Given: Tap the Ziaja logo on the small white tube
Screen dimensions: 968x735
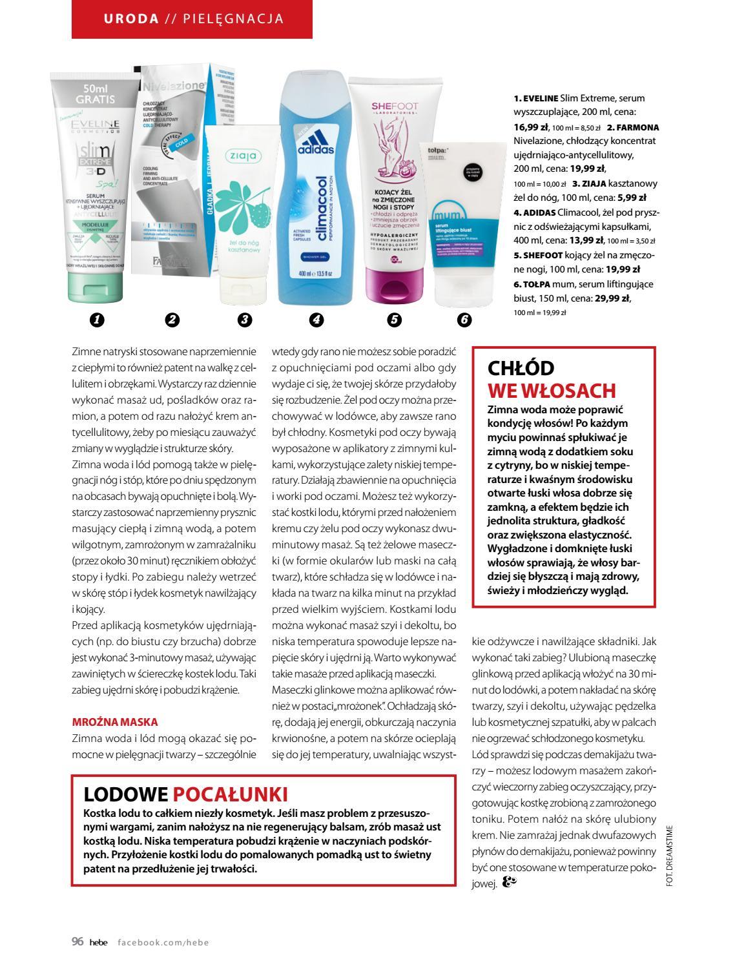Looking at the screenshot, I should pos(242,156).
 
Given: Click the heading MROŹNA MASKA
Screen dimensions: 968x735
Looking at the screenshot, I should pos(114,722).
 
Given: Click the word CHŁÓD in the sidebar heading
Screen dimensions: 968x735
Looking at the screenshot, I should pos(521,368).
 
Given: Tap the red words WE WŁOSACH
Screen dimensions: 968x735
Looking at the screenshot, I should pos(552,390).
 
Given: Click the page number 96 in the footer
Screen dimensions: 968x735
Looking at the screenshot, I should pos(77,941).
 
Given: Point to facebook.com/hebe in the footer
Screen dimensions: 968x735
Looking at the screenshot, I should pos(163,942).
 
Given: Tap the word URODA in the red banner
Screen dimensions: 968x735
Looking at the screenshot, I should pos(131,18).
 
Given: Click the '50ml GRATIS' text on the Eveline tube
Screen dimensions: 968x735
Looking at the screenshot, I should pos(95,94).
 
